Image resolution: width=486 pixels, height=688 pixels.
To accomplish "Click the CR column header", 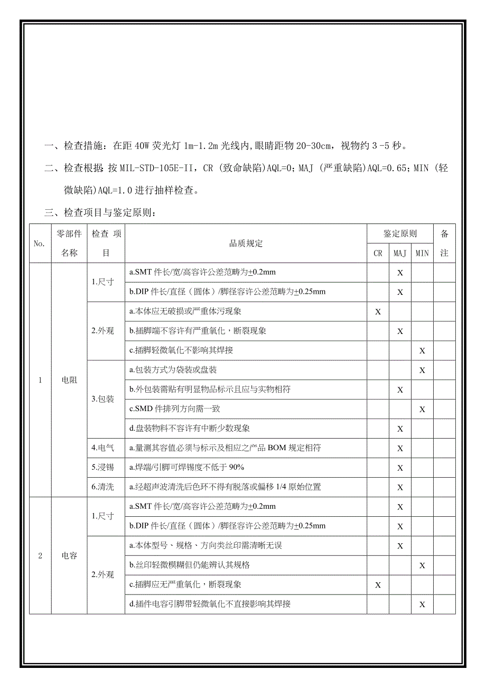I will click(x=378, y=253).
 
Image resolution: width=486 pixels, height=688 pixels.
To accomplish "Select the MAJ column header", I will click(x=400, y=253).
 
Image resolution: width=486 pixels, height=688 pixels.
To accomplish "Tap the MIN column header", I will click(x=422, y=253).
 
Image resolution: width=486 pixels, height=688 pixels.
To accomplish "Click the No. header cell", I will click(x=40, y=244).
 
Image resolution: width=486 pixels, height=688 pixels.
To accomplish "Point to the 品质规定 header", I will click(x=246, y=244).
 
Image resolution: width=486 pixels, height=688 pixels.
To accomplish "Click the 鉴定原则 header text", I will click(x=400, y=234).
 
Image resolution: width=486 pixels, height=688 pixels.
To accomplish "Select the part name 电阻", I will click(x=69, y=380).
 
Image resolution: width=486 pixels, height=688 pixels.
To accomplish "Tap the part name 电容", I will click(x=69, y=555).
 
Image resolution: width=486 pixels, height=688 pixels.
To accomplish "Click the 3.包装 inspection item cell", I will click(x=102, y=399).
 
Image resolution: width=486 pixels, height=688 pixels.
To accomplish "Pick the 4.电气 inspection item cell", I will click(x=102, y=448).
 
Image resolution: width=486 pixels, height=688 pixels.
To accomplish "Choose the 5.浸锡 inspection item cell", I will click(x=102, y=467).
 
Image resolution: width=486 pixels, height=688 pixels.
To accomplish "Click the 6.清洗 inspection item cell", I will click(x=102, y=487).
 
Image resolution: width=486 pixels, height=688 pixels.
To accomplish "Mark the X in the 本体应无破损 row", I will click(x=378, y=312).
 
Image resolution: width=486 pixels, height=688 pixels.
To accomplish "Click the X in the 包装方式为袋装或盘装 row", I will click(x=422, y=370).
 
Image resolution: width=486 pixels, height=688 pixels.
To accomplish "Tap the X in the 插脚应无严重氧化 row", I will click(x=378, y=585).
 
